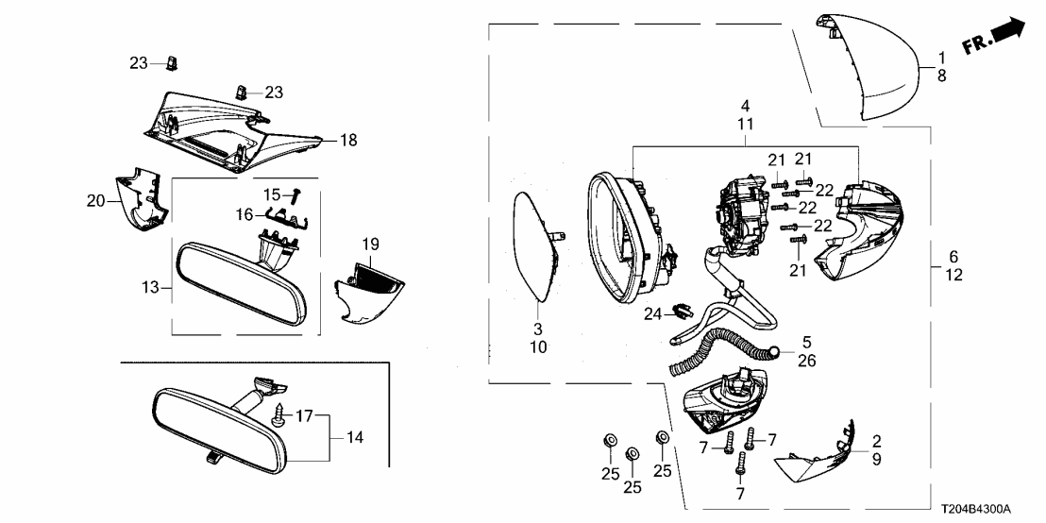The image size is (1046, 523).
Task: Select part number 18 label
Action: click(x=348, y=141)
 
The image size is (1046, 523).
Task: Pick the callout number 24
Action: click(x=651, y=312)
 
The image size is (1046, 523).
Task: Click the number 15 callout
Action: click(x=271, y=194)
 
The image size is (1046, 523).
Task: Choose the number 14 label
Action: click(x=354, y=438)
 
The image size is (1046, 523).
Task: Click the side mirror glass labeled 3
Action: click(x=533, y=245)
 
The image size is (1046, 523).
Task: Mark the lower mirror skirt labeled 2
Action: click(x=818, y=457)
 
